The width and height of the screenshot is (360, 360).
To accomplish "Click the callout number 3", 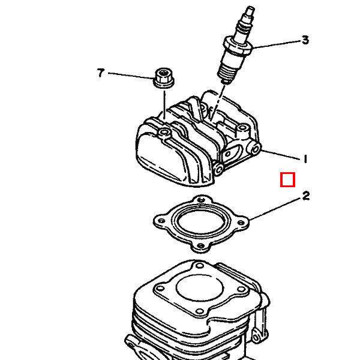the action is [305, 40].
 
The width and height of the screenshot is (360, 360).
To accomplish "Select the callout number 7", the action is [101, 73].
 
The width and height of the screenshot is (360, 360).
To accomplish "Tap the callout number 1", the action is [305, 159].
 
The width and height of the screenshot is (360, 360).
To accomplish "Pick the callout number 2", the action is [306, 196].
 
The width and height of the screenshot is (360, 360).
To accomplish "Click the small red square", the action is [287, 179].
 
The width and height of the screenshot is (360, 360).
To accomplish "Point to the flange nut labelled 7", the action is [163, 78].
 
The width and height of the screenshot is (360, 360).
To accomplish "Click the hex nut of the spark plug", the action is [238, 47].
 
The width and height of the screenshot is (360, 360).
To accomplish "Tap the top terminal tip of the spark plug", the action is [250, 9].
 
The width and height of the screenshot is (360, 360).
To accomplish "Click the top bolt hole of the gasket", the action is [201, 200].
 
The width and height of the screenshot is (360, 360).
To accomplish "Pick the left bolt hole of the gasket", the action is [161, 221].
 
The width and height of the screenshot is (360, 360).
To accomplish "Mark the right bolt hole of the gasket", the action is [241, 222].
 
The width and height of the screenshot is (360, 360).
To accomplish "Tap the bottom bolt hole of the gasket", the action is [200, 245].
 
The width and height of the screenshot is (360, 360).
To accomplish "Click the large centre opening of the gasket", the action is [201, 222].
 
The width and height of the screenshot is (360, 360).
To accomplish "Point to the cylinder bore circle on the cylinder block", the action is [200, 288].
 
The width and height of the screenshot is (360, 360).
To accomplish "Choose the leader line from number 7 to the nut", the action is [131, 76].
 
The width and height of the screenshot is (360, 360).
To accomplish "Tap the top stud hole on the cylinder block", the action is [200, 266].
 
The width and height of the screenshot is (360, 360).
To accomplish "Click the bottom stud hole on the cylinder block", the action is [200, 311].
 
